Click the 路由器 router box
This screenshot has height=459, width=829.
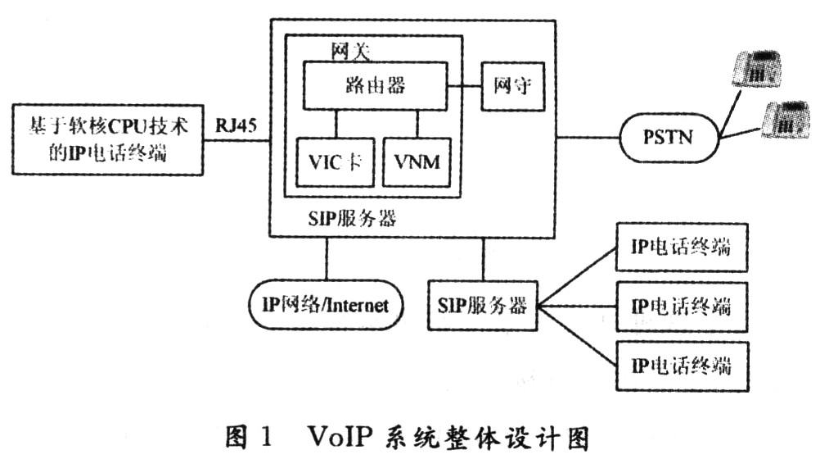pyautogui.click(x=375, y=86)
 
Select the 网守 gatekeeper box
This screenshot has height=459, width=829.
pyautogui.click(x=512, y=86)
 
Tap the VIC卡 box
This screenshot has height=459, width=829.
pyautogui.click(x=336, y=162)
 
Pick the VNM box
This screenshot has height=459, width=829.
pyautogui.click(x=417, y=162)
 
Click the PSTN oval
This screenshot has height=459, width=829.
pyautogui.click(x=669, y=138)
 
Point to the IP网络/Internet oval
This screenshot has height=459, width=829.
pyautogui.click(x=326, y=306)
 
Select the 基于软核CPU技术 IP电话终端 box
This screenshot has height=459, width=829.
pyautogui.click(x=108, y=140)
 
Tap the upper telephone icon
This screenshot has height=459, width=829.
pyautogui.click(x=756, y=69)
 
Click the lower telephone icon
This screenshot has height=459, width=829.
pyautogui.click(x=786, y=120)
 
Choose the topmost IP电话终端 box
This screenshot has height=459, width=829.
pyautogui.click(x=682, y=248)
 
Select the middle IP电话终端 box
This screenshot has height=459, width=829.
pyautogui.click(x=682, y=307)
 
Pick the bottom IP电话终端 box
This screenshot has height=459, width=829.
pyautogui.click(x=682, y=366)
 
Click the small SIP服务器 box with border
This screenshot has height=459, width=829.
pyautogui.click(x=482, y=306)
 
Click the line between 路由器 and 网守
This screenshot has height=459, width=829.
pyautogui.click(x=464, y=86)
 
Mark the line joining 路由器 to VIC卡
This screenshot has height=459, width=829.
pyautogui.click(x=336, y=124)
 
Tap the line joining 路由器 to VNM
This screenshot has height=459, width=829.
pyautogui.click(x=417, y=124)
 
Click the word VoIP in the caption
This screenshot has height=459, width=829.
pyautogui.click(x=340, y=437)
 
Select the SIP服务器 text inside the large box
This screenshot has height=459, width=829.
pyautogui.click(x=352, y=218)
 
